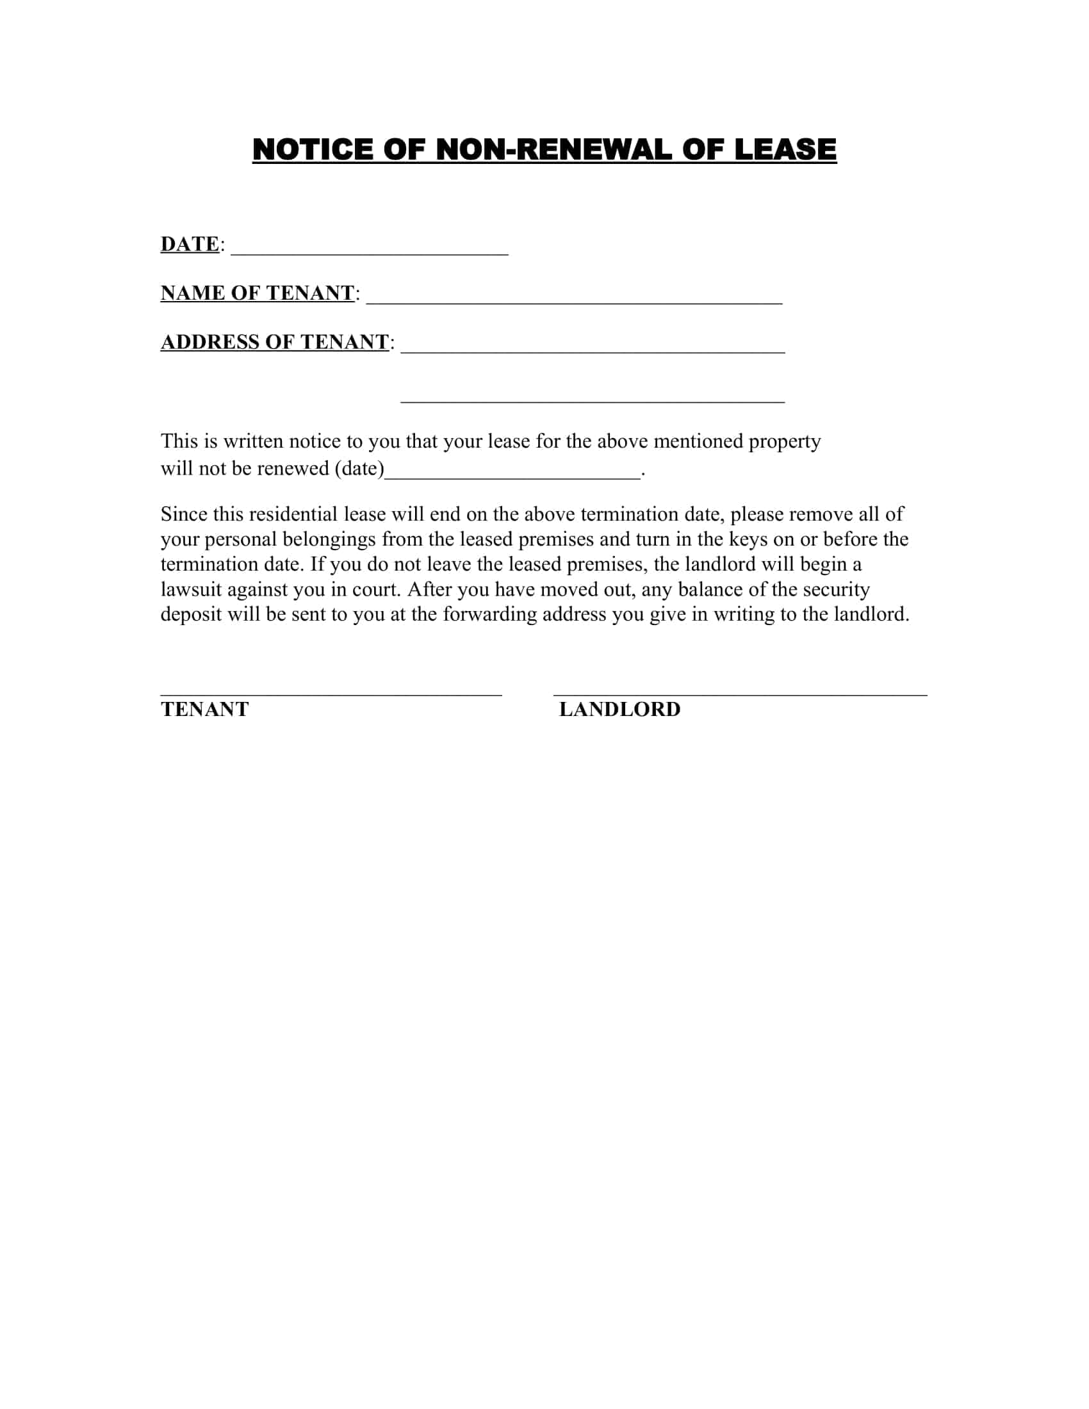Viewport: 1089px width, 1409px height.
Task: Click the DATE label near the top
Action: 190,244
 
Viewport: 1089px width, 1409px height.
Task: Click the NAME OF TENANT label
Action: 258,293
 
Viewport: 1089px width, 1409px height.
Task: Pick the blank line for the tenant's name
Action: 574,301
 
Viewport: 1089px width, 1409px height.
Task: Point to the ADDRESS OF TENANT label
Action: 275,342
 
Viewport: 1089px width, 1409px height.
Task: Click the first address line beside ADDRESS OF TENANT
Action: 593,350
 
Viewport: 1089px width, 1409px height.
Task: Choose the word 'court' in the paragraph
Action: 375,590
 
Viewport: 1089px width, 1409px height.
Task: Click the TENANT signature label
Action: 204,710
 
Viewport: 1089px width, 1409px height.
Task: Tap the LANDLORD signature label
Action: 619,710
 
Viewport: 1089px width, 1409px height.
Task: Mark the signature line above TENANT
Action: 331,695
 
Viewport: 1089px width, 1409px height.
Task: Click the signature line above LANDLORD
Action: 740,695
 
